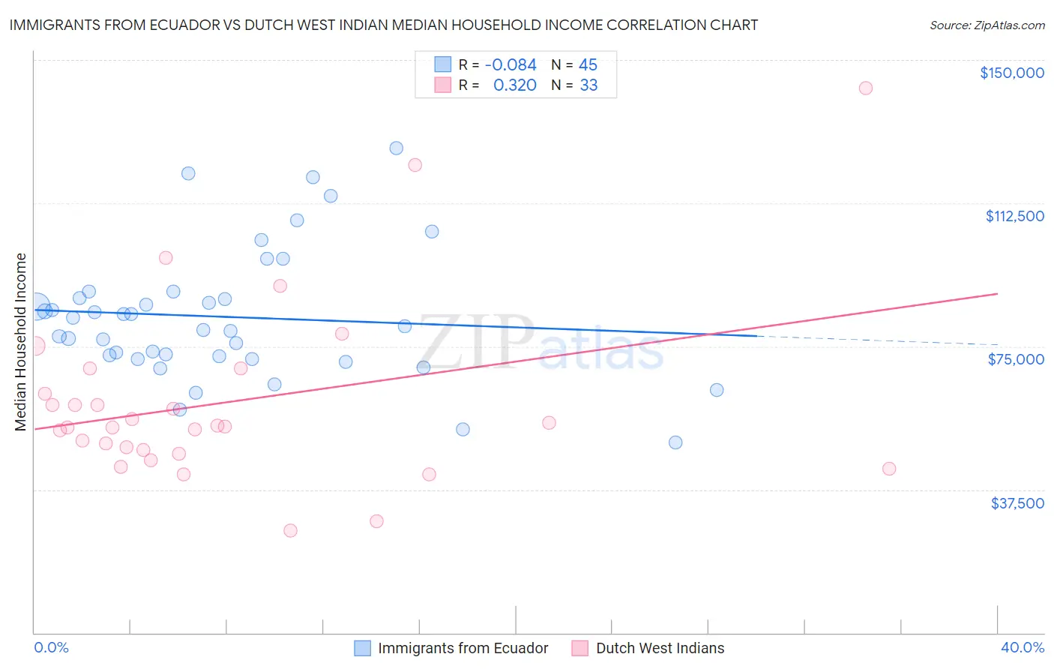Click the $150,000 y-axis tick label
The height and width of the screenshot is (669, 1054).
[1011, 73]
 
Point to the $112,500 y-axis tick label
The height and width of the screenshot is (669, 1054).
[1014, 216]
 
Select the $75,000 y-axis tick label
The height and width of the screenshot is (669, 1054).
[1016, 359]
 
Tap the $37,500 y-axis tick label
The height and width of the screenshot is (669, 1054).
[1017, 503]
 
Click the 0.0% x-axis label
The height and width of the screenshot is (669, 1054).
[51, 647]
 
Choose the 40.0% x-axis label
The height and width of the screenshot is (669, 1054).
[1022, 647]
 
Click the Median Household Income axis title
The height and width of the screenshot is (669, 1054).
[21, 342]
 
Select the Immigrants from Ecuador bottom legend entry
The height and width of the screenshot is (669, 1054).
[463, 648]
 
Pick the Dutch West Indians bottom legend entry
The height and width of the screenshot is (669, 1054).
[660, 648]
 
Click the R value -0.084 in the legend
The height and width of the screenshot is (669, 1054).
[511, 65]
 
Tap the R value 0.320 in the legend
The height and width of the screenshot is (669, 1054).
[514, 85]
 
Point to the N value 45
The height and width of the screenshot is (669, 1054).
[588, 65]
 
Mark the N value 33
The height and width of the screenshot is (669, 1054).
[588, 85]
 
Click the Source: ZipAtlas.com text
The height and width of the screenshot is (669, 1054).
[987, 25]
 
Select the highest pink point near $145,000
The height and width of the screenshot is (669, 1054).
[865, 88]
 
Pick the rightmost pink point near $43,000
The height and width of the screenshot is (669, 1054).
[889, 469]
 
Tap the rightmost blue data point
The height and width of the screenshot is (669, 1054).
[717, 390]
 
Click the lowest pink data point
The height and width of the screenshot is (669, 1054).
[290, 530]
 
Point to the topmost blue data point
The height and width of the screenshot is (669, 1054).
[397, 148]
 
